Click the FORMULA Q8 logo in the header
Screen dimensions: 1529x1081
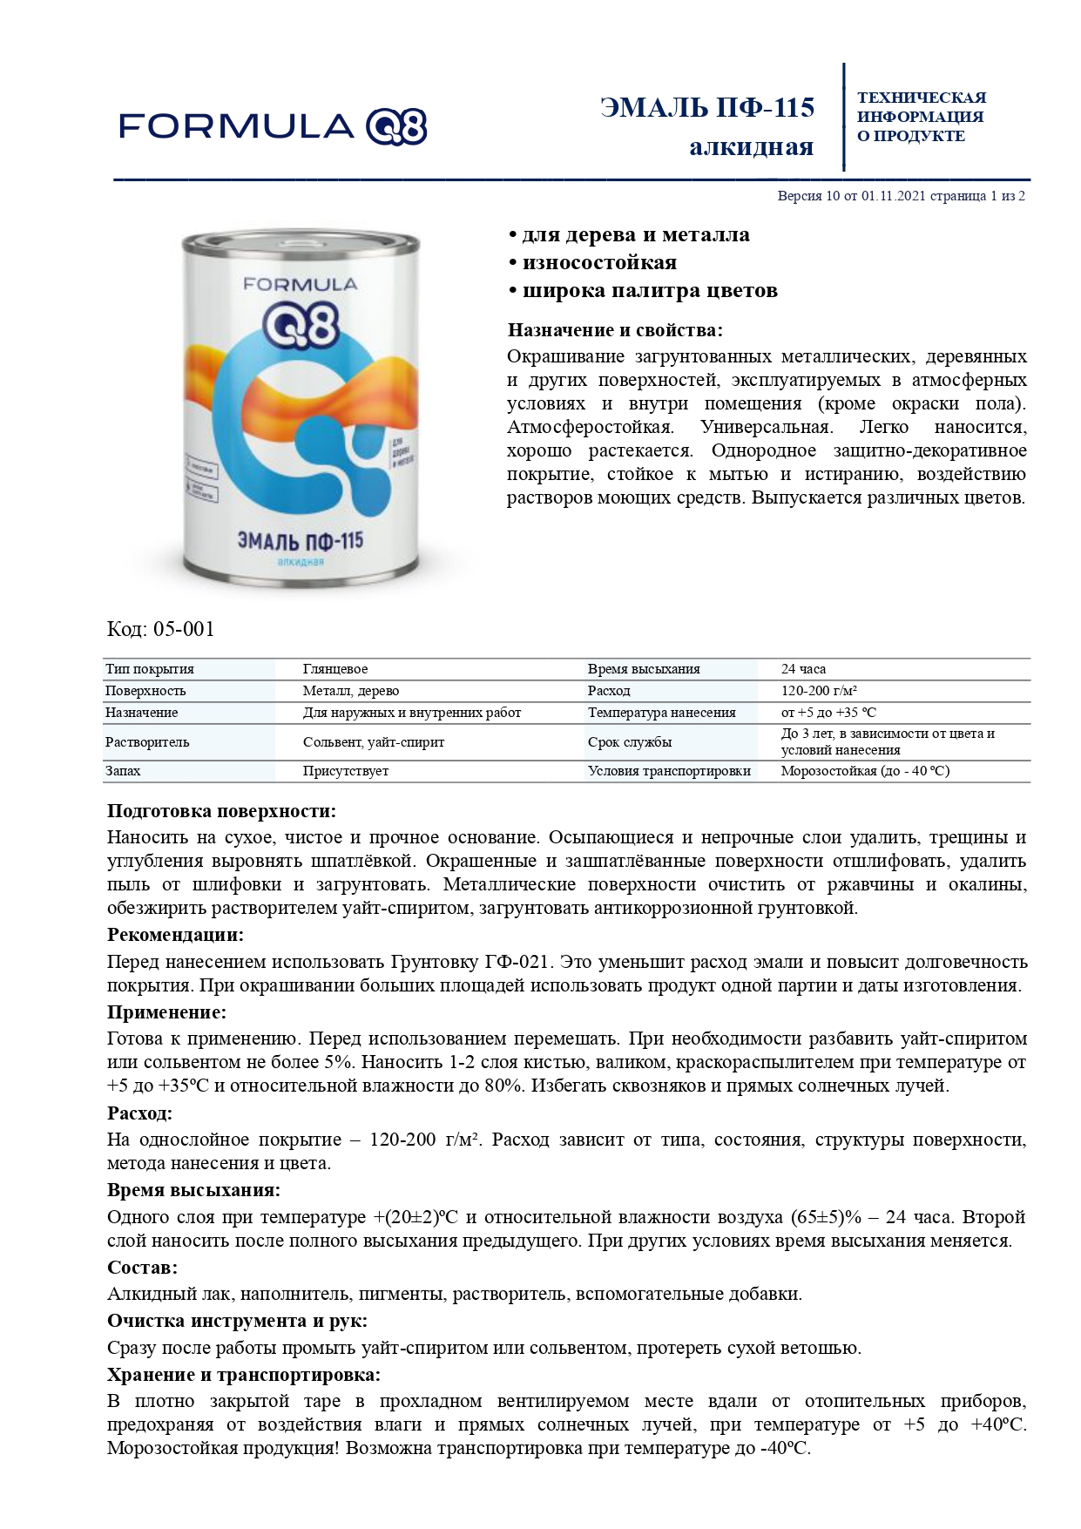pos(272,127)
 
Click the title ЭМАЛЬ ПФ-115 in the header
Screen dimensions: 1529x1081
pos(707,108)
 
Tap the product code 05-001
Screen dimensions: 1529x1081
pos(160,629)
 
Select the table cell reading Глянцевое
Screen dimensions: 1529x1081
pos(335,669)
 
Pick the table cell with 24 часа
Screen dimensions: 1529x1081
pos(803,669)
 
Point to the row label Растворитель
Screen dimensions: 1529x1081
pos(147,742)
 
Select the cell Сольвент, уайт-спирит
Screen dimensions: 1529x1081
pos(373,742)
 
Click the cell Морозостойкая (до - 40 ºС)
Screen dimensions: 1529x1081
pos(864,771)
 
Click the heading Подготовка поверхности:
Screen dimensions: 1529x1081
pos(221,811)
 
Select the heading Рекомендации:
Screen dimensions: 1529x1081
pos(175,935)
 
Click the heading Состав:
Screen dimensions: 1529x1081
pos(142,1268)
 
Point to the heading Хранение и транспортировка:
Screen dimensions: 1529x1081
pos(244,1375)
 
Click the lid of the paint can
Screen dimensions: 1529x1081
pos(301,242)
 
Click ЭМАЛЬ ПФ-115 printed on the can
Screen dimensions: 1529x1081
pos(301,541)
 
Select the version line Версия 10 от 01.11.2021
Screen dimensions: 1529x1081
pos(901,196)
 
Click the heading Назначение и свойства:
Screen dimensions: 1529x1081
pos(615,330)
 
